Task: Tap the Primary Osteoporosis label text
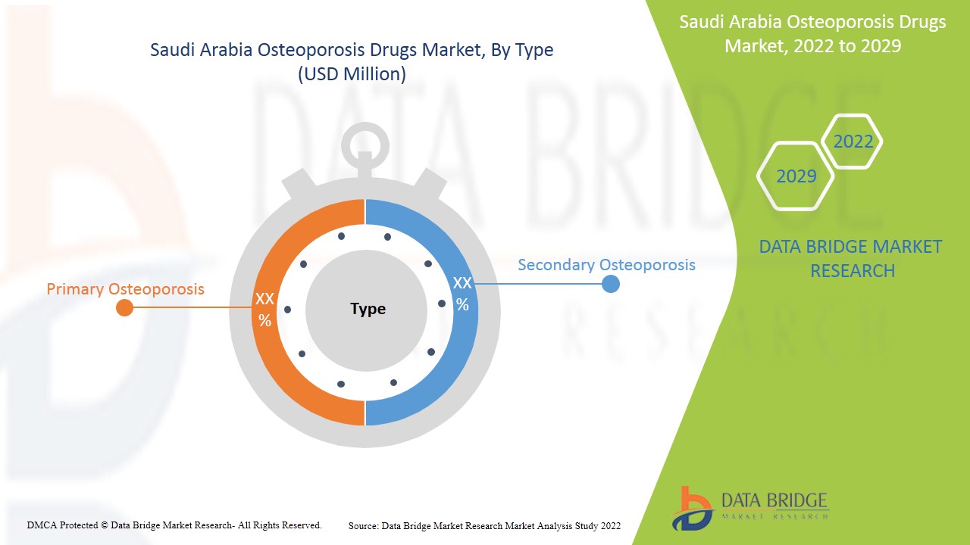125,289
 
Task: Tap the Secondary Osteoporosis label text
606,265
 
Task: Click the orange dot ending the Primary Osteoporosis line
125,307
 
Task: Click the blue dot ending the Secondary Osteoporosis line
610,284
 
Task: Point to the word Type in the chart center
368,309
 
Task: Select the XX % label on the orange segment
264,310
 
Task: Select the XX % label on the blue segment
462,294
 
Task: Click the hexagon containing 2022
853,142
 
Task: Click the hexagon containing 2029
796,176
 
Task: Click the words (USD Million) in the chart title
352,74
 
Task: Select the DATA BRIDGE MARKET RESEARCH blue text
850,258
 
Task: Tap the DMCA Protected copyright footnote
174,525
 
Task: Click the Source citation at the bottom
484,525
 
